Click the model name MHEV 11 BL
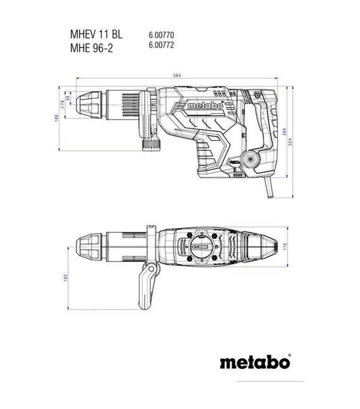[x=95, y=35]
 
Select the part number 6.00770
[x=161, y=35]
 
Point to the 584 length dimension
[x=176, y=75]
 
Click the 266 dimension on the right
[x=284, y=131]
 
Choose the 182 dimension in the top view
[x=66, y=277]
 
